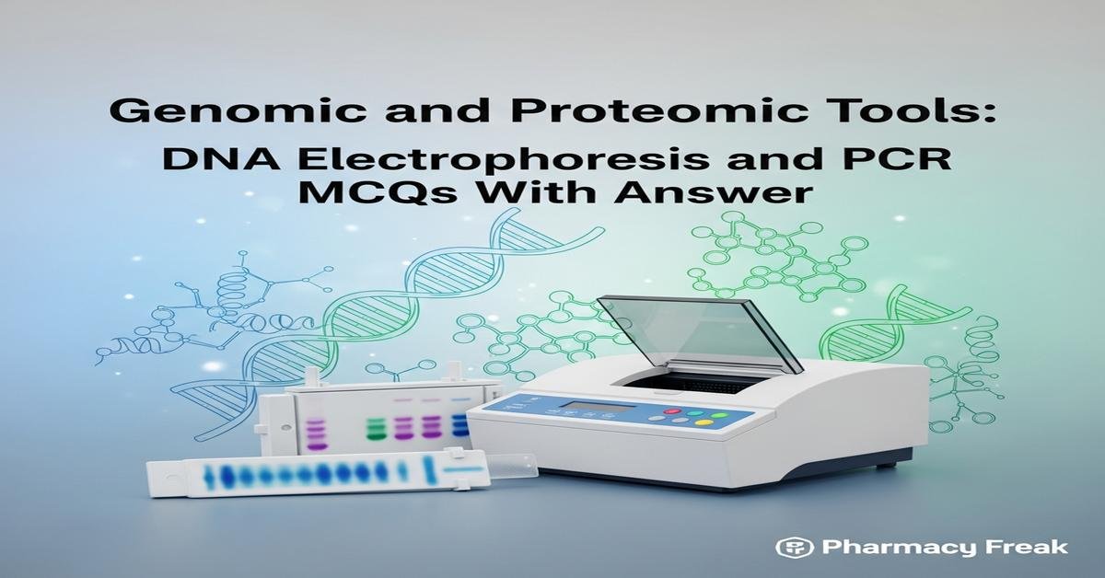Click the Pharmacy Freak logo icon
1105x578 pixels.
(x=791, y=547)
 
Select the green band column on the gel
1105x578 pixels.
(x=375, y=427)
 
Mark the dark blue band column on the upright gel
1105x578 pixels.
(x=459, y=423)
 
